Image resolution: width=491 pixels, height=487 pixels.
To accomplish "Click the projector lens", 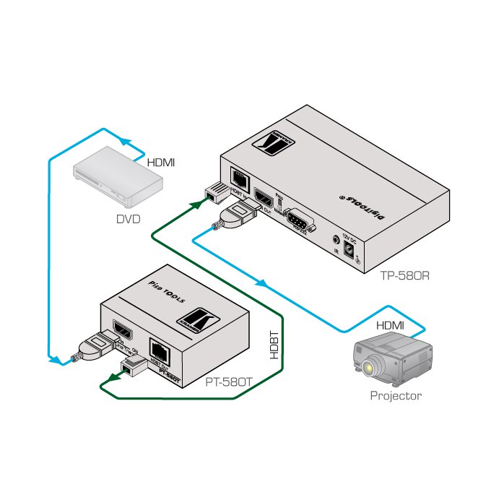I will click(369, 369).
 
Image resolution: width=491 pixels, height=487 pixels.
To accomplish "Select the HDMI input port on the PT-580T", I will click(121, 330).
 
